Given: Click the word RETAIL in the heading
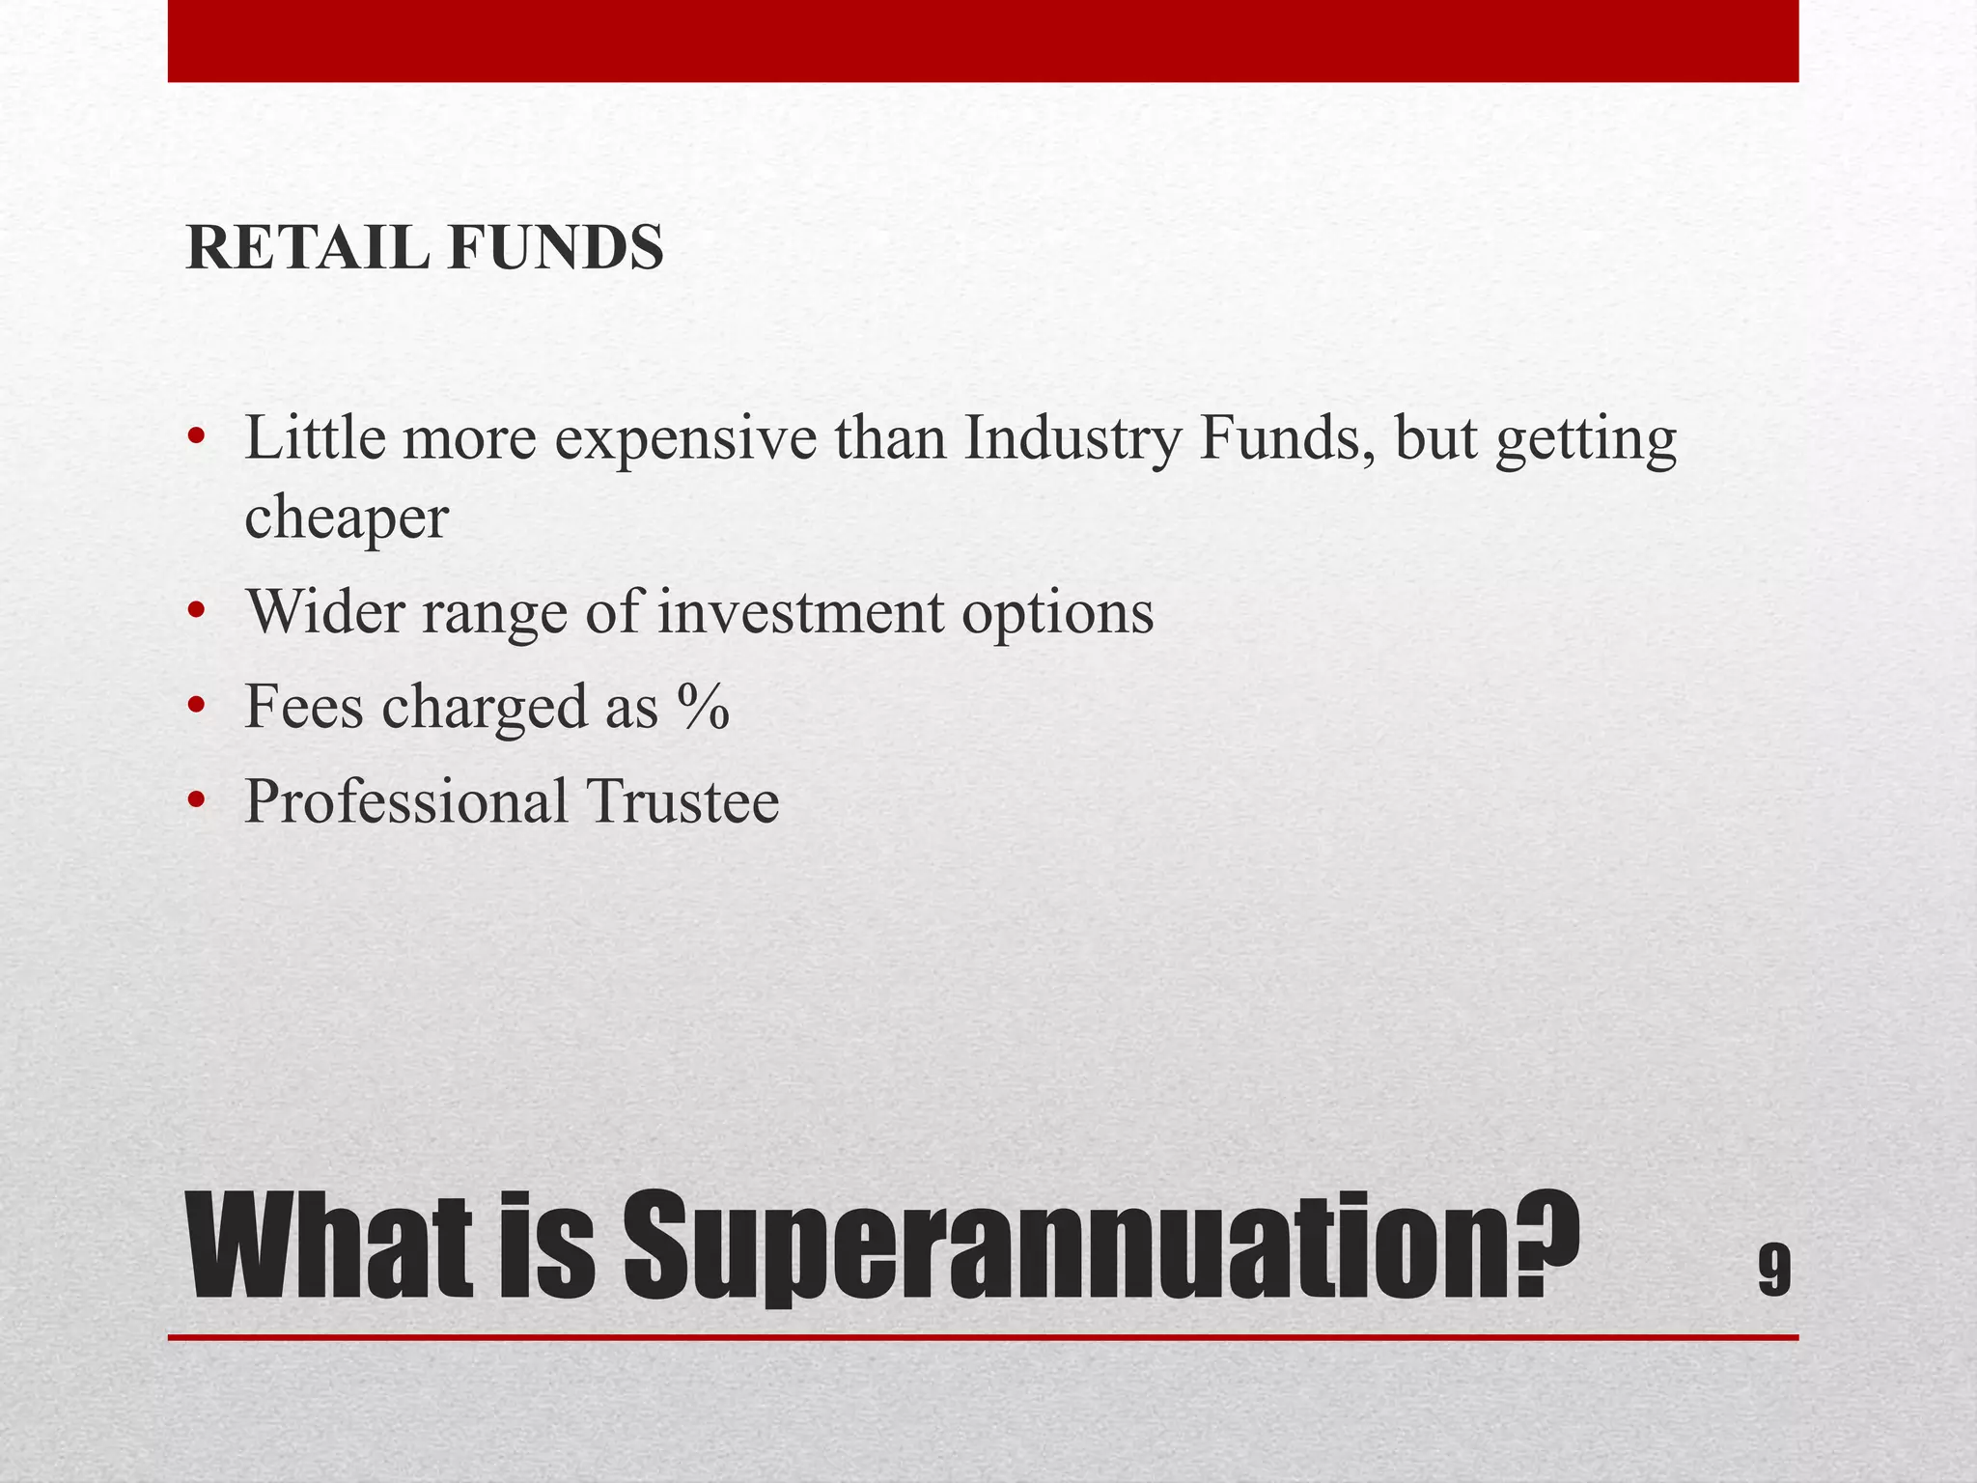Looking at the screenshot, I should tap(307, 248).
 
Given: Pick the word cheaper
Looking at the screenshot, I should tap(347, 518).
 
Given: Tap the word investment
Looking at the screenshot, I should tap(800, 612).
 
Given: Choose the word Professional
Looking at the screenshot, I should tap(405, 800).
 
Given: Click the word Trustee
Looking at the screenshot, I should tap(682, 800).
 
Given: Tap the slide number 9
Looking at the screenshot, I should tap(1774, 1272).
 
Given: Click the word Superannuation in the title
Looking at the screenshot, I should tap(1100, 1247).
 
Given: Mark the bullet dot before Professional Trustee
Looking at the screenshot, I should tap(197, 800).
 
